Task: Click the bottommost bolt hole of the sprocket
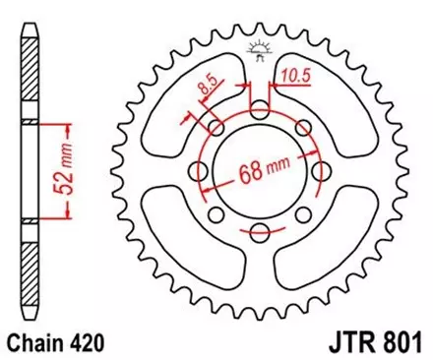point(260,233)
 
